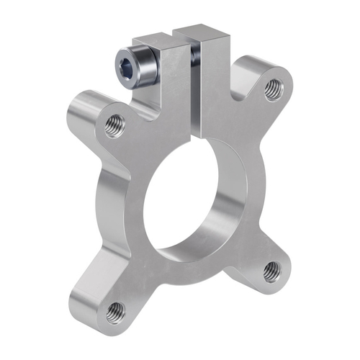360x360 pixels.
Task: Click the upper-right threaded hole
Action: click(x=271, y=89)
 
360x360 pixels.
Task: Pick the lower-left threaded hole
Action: click(x=115, y=312)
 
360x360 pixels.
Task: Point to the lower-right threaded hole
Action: click(x=271, y=270)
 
